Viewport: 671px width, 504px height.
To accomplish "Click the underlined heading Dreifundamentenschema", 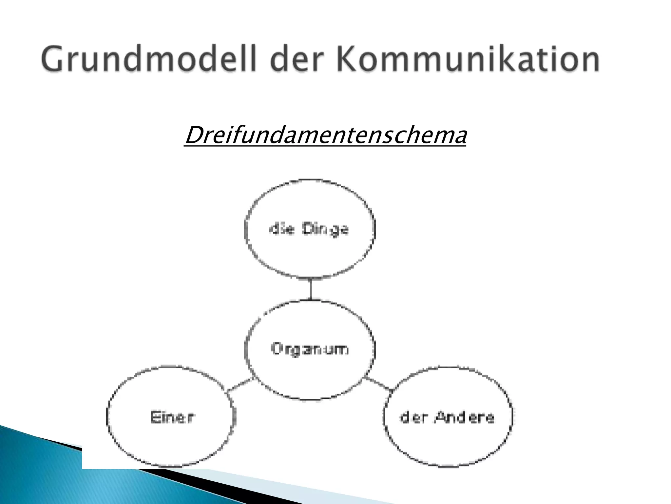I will coord(325,135).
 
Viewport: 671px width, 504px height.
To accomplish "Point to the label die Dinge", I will coord(309,229).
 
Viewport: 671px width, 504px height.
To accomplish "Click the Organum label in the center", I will coord(310,349).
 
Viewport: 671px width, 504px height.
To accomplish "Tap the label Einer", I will coord(172,417).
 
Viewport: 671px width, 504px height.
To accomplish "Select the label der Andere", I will coord(447,417).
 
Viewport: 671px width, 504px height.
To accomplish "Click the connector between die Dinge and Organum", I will coord(311,289).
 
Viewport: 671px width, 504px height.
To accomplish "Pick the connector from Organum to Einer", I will coord(240,385).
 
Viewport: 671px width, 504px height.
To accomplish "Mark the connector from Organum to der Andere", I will coord(379,384).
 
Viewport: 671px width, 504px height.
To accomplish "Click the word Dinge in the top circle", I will coord(325,229).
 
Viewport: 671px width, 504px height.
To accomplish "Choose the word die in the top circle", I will coord(279,229).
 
